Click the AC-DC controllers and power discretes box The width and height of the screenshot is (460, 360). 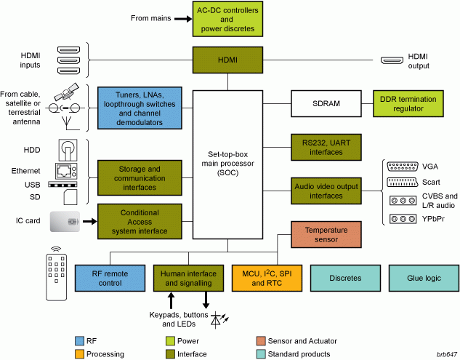[x=227, y=19]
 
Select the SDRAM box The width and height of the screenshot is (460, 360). [x=326, y=104]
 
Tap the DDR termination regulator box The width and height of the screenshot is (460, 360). [x=408, y=104]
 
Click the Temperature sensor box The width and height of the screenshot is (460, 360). [x=326, y=235]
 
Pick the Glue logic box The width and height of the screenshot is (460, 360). [x=424, y=278]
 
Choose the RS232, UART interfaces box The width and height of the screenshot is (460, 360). [x=326, y=148]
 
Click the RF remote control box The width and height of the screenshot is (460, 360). [x=110, y=278]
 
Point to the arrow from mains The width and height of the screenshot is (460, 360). [x=183, y=19]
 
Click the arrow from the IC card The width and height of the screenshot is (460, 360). [x=90, y=221]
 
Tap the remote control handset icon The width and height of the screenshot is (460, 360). [x=57, y=273]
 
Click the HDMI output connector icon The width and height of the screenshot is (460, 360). [x=392, y=60]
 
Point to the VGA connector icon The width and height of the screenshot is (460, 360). [x=403, y=167]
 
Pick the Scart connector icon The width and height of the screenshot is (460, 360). [x=403, y=182]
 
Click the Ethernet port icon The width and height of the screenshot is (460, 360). [x=66, y=171]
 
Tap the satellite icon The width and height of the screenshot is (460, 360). [x=67, y=92]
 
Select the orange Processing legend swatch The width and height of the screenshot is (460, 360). [x=79, y=354]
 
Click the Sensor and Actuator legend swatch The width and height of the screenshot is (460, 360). [x=261, y=341]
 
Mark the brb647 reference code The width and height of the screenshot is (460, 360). [x=447, y=354]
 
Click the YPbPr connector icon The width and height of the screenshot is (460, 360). [x=403, y=219]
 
